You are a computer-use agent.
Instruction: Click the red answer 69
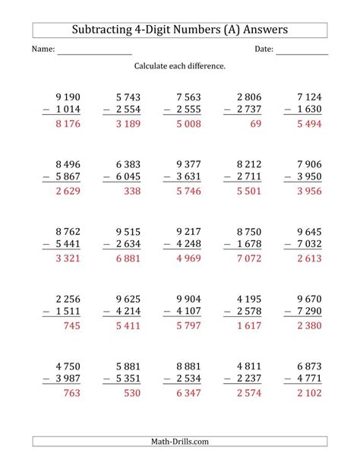pos(255,124)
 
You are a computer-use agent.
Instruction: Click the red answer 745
pos(69,330)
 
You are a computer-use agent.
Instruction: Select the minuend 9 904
pos(190,303)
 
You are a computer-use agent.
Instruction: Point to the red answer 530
pos(128,398)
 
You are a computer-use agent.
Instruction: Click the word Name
pos(43,50)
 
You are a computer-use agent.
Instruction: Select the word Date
pos(263,50)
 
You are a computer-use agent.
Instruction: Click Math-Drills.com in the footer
pos(180,442)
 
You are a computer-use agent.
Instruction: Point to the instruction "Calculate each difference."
pos(180,67)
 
